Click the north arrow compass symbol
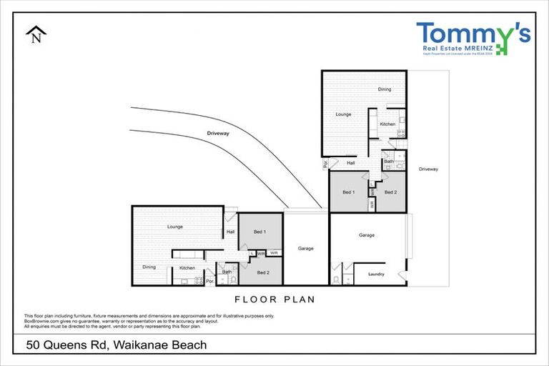pyautogui.click(x=36, y=36)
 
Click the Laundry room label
pyautogui.click(x=376, y=274)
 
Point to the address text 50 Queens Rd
pyautogui.click(x=74, y=345)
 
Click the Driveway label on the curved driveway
pyautogui.click(x=217, y=134)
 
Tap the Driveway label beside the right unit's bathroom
pyautogui.click(x=428, y=169)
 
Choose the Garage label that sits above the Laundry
pyautogui.click(x=367, y=234)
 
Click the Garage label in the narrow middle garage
pyautogui.click(x=307, y=248)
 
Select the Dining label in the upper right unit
pyautogui.click(x=385, y=89)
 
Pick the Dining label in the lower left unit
pyautogui.click(x=149, y=267)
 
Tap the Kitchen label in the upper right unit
pyautogui.click(x=387, y=124)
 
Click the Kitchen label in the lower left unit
pyautogui.click(x=187, y=267)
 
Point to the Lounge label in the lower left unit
pyautogui.click(x=176, y=227)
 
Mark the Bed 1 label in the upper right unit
pyautogui.click(x=348, y=192)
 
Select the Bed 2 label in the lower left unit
pyautogui.click(x=262, y=272)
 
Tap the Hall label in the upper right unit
pyautogui.click(x=351, y=163)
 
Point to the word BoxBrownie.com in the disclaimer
pyautogui.click(x=41, y=320)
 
